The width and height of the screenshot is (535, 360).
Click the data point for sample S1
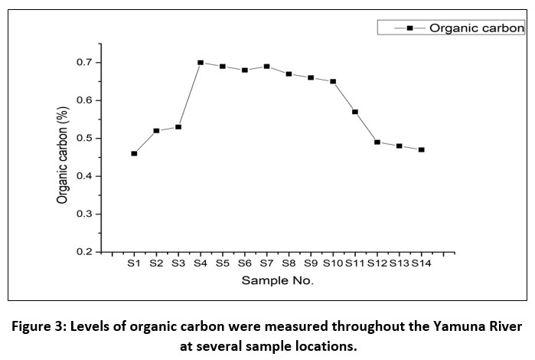tap(134, 153)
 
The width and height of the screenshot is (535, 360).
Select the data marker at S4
tap(201, 62)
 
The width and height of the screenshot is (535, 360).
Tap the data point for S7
tap(266, 66)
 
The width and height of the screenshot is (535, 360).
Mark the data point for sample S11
tap(354, 112)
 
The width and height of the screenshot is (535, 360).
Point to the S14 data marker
tap(421, 149)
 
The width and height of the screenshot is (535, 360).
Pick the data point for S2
tap(156, 131)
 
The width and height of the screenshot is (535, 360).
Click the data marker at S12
tap(377, 142)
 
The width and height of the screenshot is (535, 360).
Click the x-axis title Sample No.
tap(277, 280)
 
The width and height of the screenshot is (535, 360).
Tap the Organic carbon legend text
tap(475, 28)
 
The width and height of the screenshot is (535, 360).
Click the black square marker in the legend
tap(409, 28)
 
